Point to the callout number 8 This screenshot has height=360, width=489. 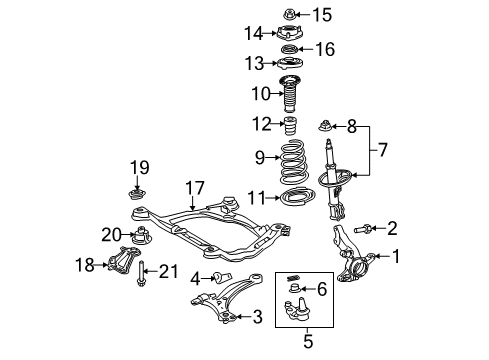click(351, 127)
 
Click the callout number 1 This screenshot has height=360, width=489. click(396, 256)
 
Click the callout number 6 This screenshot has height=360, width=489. click(321, 290)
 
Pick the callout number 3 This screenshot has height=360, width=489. click(257, 319)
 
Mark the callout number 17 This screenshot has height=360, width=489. click(193, 186)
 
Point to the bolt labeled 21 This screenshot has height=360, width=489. click(144, 271)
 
